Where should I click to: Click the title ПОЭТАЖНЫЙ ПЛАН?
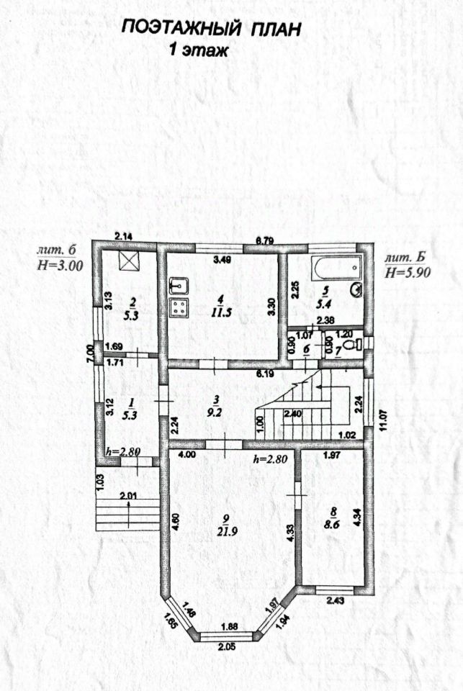click(210, 29)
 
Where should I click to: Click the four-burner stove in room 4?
click(178, 308)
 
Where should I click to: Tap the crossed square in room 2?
click(130, 261)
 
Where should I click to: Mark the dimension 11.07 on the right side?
click(382, 416)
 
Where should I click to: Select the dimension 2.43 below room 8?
click(336, 600)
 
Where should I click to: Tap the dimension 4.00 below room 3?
click(187, 454)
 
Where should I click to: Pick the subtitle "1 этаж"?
click(198, 50)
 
